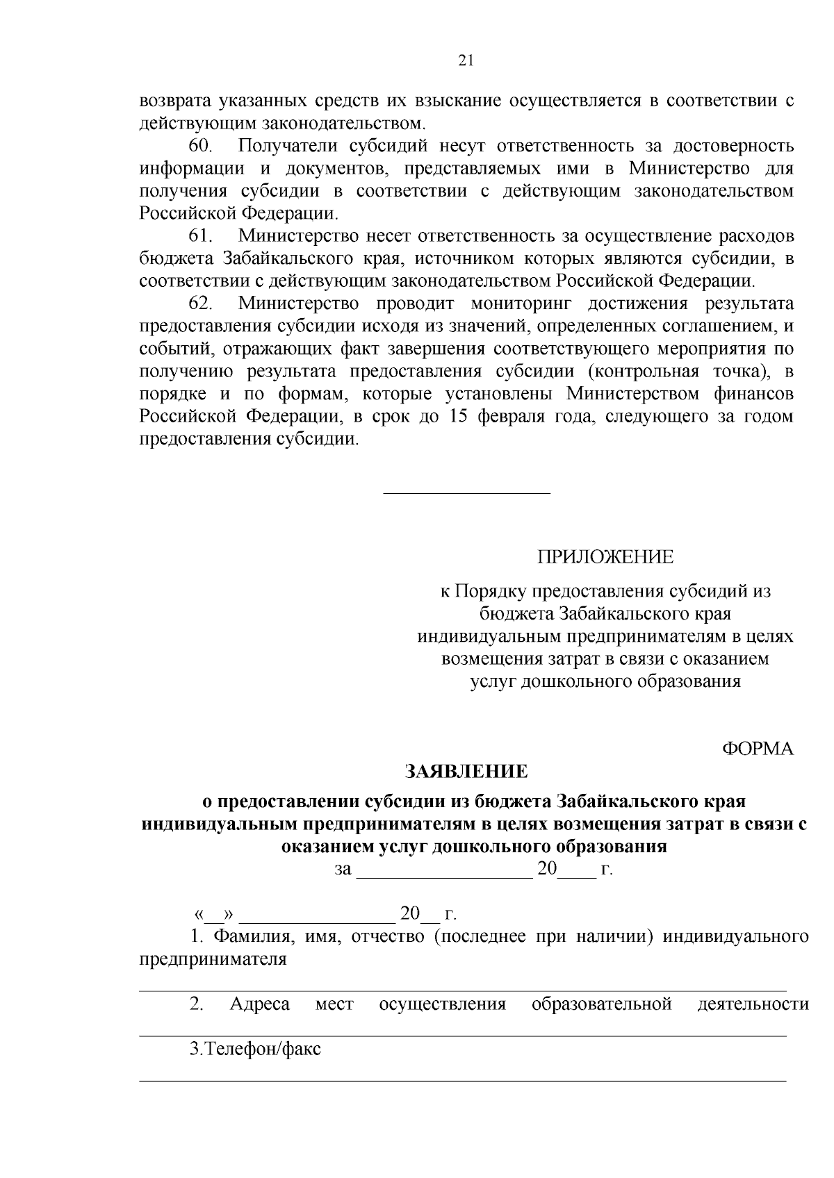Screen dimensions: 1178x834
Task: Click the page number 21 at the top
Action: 466,60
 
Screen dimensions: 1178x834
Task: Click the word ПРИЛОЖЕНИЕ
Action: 605,556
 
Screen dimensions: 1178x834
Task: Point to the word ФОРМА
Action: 758,749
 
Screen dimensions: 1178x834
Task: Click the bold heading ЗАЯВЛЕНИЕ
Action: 466,772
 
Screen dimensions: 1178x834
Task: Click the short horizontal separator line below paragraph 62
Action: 466,493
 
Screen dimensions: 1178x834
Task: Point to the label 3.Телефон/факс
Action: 255,1049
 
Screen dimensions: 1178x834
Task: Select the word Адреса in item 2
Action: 259,1004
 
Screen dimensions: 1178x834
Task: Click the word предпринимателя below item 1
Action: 213,959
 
